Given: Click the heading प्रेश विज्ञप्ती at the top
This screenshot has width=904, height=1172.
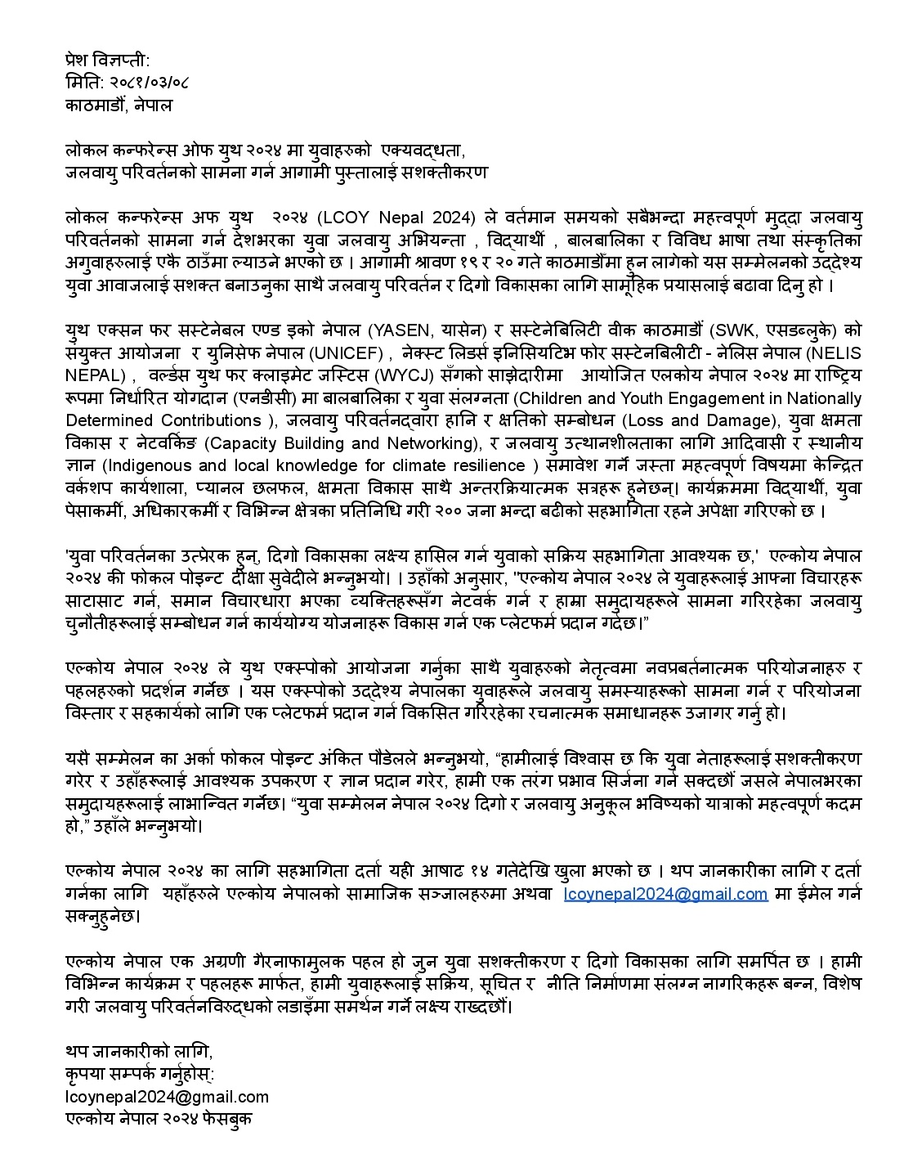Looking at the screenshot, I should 107,60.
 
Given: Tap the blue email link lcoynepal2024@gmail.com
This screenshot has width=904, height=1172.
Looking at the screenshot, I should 665,893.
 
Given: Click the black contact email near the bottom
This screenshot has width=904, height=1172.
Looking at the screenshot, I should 167,1097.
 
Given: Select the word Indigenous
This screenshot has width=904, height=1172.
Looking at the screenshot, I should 150,466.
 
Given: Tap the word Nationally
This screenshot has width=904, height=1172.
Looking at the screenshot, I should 821,398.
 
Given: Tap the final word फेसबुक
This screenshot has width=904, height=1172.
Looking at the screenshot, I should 228,1119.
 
